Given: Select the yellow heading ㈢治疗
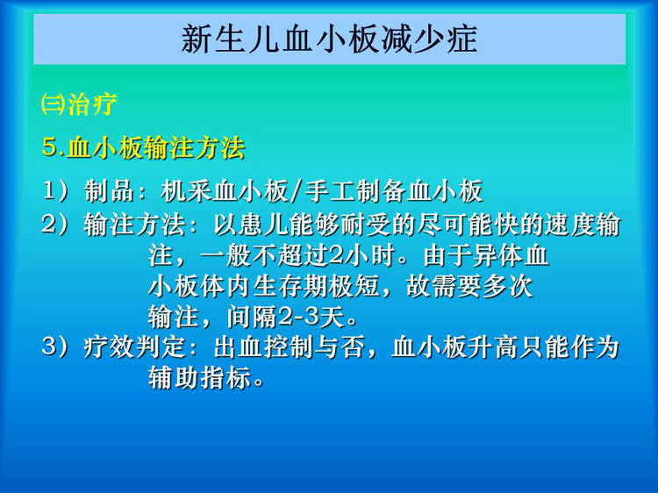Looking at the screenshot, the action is (79, 104).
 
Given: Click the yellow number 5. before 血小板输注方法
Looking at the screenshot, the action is (54, 147).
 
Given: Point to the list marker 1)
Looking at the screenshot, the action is (55, 191).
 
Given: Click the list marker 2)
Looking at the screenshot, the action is (55, 225).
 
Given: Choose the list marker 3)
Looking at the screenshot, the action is (55, 347).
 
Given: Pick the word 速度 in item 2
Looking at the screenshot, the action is (570, 225).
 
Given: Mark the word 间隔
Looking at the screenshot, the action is (252, 317).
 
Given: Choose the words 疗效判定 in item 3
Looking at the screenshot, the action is (134, 347).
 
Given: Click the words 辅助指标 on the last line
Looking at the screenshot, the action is (200, 378).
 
